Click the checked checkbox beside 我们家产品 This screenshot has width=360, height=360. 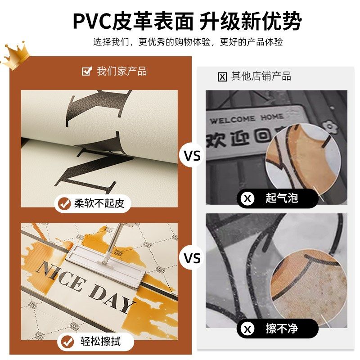[x=86, y=72]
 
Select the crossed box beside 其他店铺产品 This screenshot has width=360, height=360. [x=222, y=76]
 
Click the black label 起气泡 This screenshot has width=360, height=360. [x=278, y=198]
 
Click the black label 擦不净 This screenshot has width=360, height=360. [x=278, y=329]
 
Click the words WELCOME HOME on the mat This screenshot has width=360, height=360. [x=246, y=119]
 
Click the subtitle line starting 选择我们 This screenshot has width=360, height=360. [x=188, y=42]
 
